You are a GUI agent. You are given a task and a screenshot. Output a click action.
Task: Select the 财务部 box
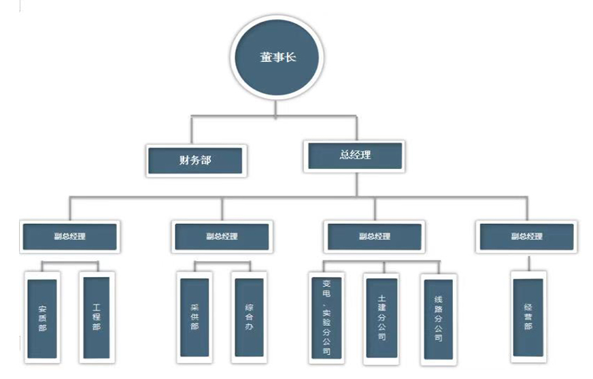tap(195, 161)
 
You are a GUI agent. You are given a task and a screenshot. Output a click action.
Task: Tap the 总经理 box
tap(354, 154)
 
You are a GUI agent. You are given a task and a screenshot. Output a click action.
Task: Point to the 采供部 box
tap(194, 316)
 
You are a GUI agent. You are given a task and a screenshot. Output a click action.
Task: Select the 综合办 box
tap(248, 316)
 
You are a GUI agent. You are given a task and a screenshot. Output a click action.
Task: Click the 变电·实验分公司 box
tap(327, 318)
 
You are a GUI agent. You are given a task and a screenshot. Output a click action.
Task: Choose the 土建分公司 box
tap(381, 316)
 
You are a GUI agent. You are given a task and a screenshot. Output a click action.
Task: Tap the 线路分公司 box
tap(438, 318)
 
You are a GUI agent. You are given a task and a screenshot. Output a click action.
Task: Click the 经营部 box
tap(528, 317)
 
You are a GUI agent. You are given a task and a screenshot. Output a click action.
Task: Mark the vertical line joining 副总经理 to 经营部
tap(528, 264)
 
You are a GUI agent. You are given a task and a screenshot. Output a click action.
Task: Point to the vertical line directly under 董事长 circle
tap(275, 109)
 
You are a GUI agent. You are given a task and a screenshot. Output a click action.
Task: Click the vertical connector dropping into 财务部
tap(192, 131)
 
